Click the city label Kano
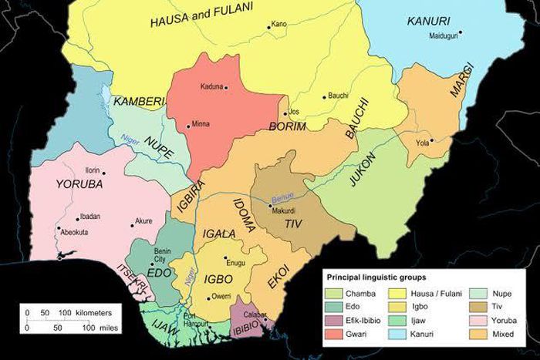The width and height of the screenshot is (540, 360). [x=278, y=25]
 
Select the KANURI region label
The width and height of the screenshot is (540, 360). [x=428, y=20]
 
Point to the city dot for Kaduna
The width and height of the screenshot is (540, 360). [x=226, y=88]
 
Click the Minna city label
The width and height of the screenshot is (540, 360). [x=201, y=124]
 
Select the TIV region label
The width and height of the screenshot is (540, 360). [x=292, y=224]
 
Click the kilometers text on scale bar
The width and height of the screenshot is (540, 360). [x=100, y=312]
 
